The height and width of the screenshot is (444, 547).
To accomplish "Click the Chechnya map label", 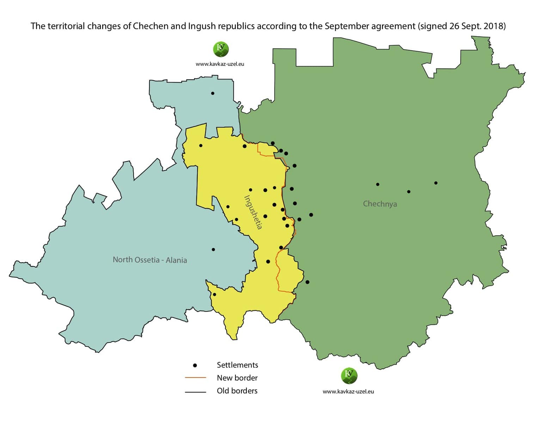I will pyautogui.click(x=380, y=204).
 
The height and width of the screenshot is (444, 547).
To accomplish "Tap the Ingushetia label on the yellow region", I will pyautogui.click(x=253, y=212).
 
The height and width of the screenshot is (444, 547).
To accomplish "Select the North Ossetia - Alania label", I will pyautogui.click(x=150, y=260).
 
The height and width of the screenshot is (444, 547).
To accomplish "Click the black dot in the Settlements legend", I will pyautogui.click(x=195, y=365).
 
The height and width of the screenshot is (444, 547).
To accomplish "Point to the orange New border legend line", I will pyautogui.click(x=195, y=378).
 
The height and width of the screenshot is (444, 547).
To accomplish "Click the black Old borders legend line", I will pyautogui.click(x=195, y=391).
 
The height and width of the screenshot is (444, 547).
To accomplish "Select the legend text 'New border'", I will pyautogui.click(x=237, y=378).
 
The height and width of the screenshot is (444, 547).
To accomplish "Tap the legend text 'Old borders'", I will pyautogui.click(x=237, y=391).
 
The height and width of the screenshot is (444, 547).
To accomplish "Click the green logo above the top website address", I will pyautogui.click(x=221, y=49).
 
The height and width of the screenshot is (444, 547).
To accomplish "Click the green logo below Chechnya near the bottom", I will pyautogui.click(x=349, y=376).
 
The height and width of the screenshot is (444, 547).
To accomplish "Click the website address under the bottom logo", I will pyautogui.click(x=348, y=391).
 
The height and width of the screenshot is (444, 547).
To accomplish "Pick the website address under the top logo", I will pyautogui.click(x=220, y=64).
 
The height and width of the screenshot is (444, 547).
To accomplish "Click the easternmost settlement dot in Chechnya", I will pyautogui.click(x=436, y=183).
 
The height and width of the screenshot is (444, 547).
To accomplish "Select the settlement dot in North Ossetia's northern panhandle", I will pyautogui.click(x=213, y=93).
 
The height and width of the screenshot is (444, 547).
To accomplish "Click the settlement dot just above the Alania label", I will pyautogui.click(x=213, y=249).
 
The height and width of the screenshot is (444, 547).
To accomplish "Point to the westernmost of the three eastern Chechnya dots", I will pyautogui.click(x=377, y=184).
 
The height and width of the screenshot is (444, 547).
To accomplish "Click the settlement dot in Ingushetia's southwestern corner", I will pyautogui.click(x=214, y=294).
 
